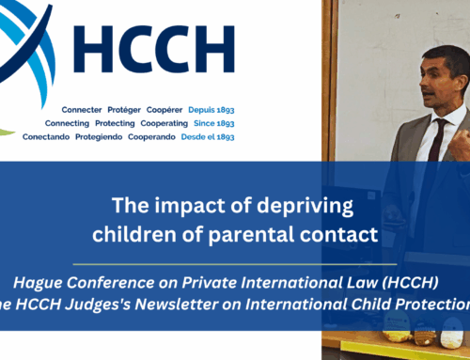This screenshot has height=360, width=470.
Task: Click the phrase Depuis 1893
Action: (211, 109)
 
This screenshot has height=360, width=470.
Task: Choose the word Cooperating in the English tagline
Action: (164, 122)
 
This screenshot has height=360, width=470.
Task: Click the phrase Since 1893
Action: (212, 122)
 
